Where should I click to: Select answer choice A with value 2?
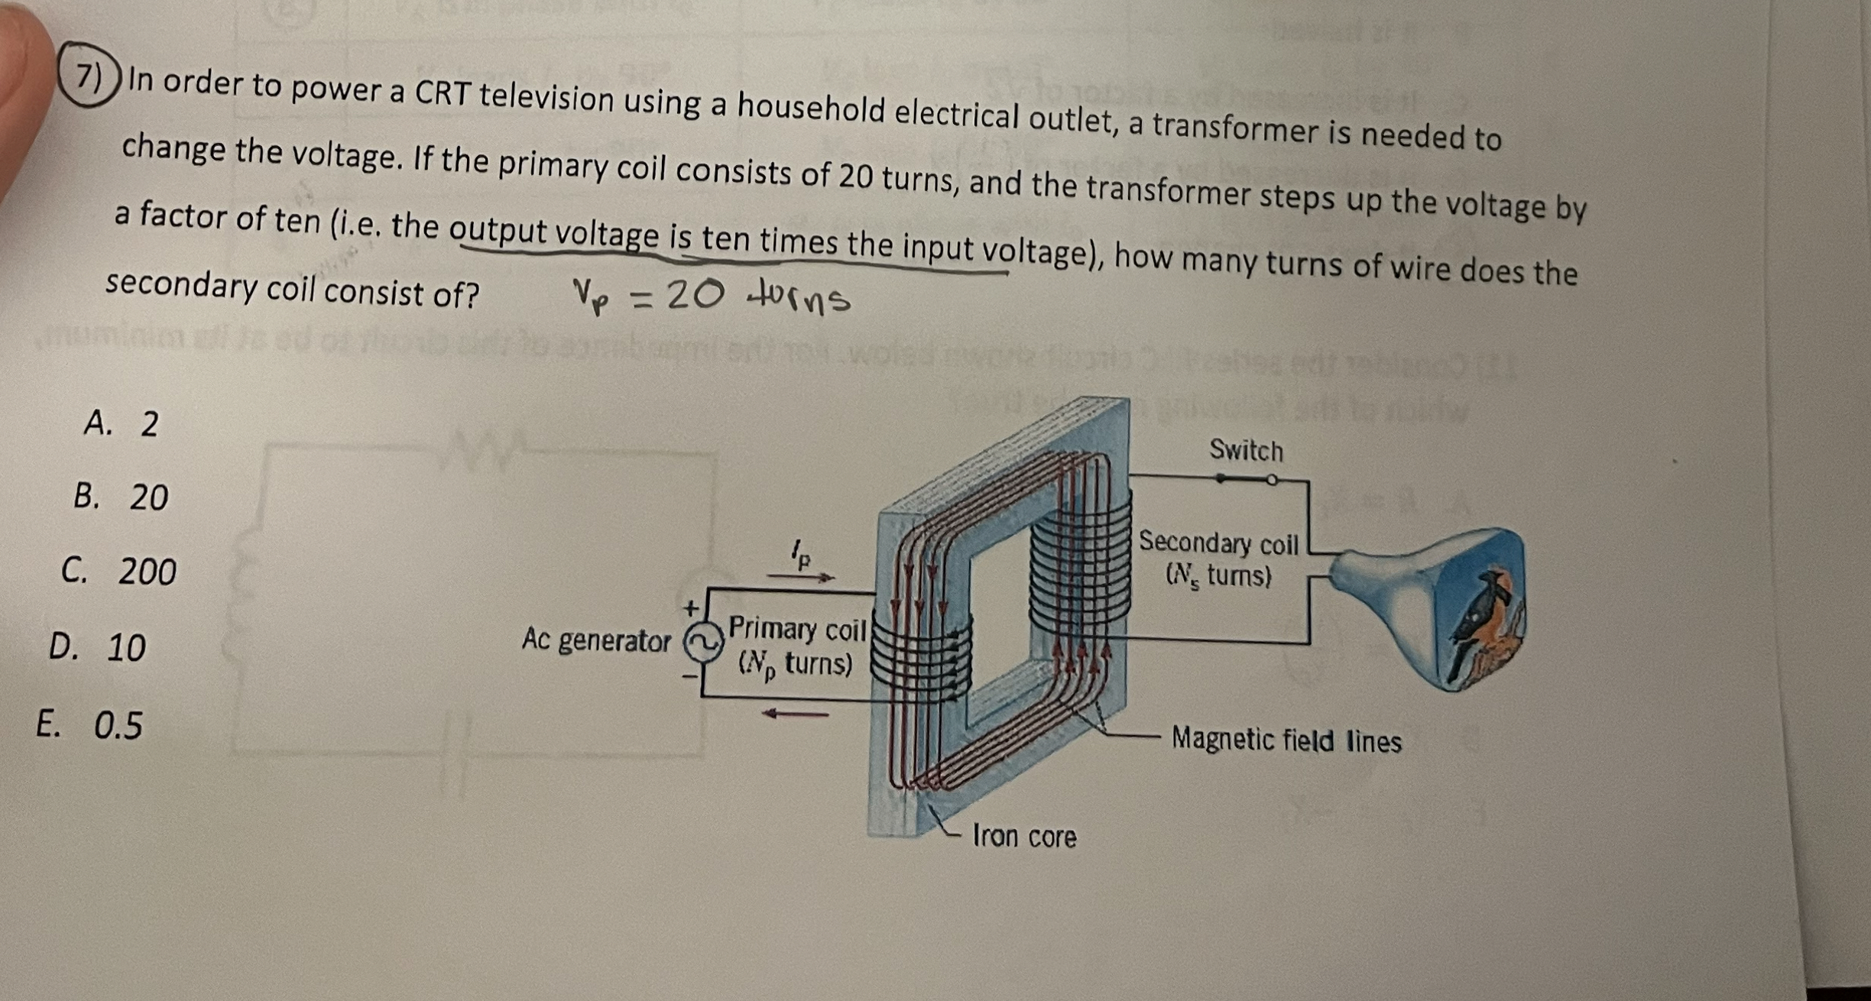tap(122, 423)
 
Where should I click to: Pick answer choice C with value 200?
tap(119, 571)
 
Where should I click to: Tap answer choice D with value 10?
tap(97, 646)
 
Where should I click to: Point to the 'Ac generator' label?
tap(595, 640)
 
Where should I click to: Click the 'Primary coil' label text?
tap(796, 630)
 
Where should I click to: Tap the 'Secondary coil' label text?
tap(1218, 543)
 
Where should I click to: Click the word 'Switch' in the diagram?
tap(1246, 451)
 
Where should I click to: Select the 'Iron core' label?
tap(1024, 837)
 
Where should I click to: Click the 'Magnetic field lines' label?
tap(1286, 740)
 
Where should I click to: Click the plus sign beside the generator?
tap(691, 608)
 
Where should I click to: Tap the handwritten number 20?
tap(694, 294)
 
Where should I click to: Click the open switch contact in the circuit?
tap(1271, 480)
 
